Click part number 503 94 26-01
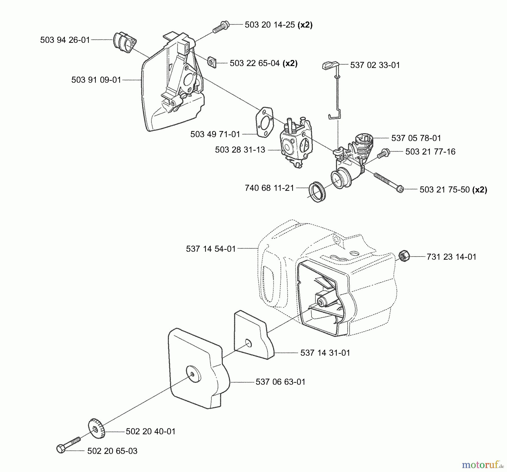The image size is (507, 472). pyautogui.click(x=65, y=40)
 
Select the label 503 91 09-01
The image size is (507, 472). pyautogui.click(x=96, y=80)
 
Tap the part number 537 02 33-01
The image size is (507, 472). pyautogui.click(x=375, y=65)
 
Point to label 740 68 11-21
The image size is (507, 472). pyautogui.click(x=269, y=188)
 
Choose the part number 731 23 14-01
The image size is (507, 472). pyautogui.click(x=451, y=257)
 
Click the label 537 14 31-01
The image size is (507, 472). pyautogui.click(x=325, y=353)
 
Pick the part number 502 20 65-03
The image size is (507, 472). pyautogui.click(x=112, y=451)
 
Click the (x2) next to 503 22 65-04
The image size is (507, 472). pyautogui.click(x=290, y=63)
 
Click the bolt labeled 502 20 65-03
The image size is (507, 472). pyautogui.click(x=68, y=445)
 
